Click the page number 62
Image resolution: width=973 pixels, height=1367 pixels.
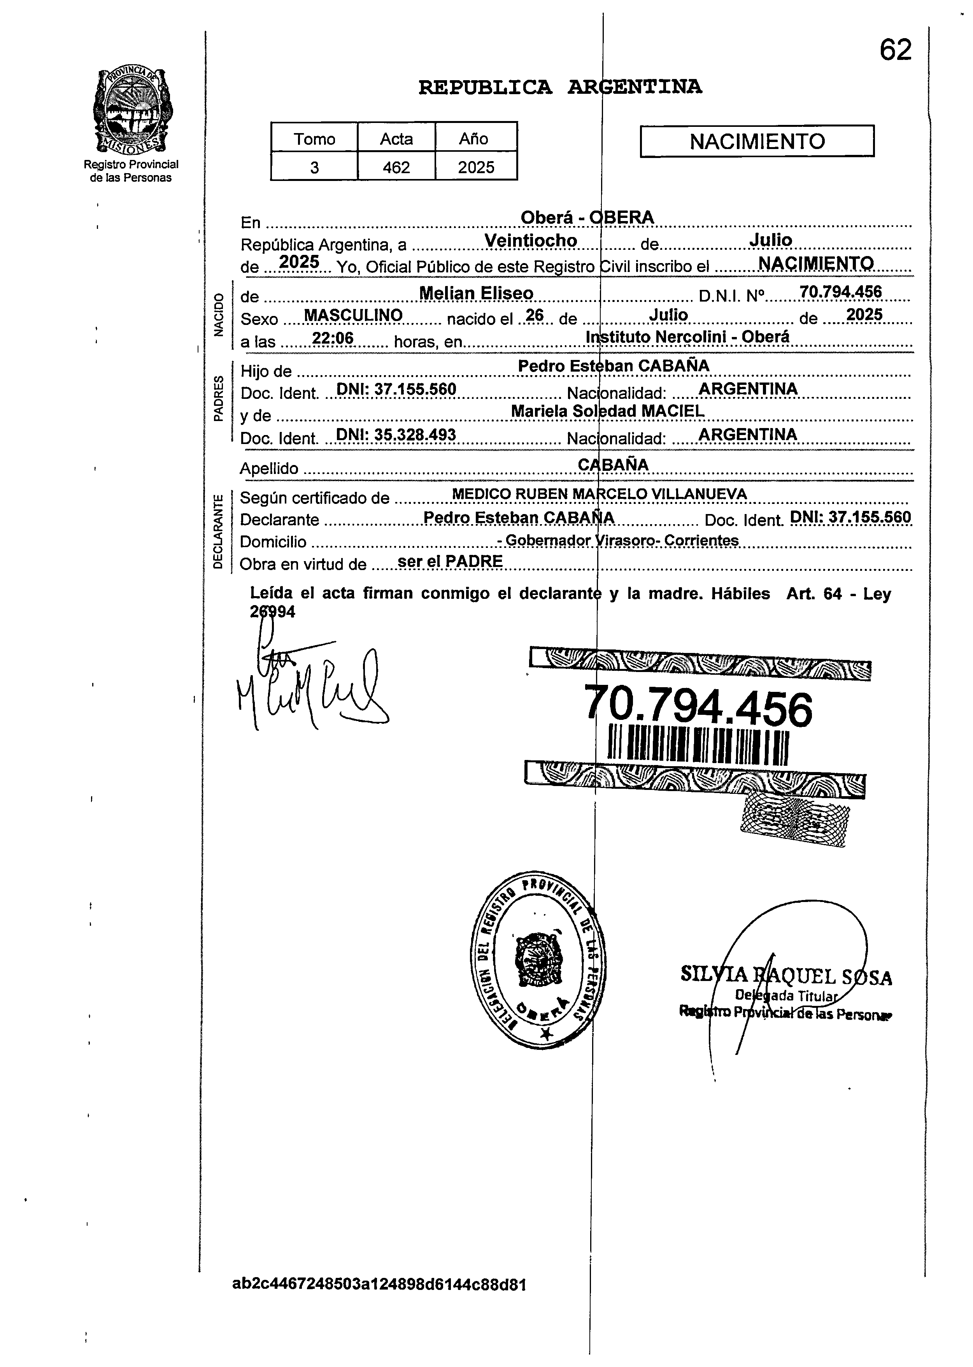895,50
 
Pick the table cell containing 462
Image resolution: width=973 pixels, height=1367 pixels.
396,167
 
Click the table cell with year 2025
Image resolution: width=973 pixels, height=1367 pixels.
476,167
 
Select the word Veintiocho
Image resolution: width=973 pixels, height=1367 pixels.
530,240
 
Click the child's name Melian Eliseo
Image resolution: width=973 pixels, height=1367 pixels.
476,293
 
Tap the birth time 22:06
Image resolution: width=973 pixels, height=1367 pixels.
333,339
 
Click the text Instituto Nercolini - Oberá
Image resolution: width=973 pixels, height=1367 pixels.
687,337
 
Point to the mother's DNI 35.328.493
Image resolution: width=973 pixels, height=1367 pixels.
396,435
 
